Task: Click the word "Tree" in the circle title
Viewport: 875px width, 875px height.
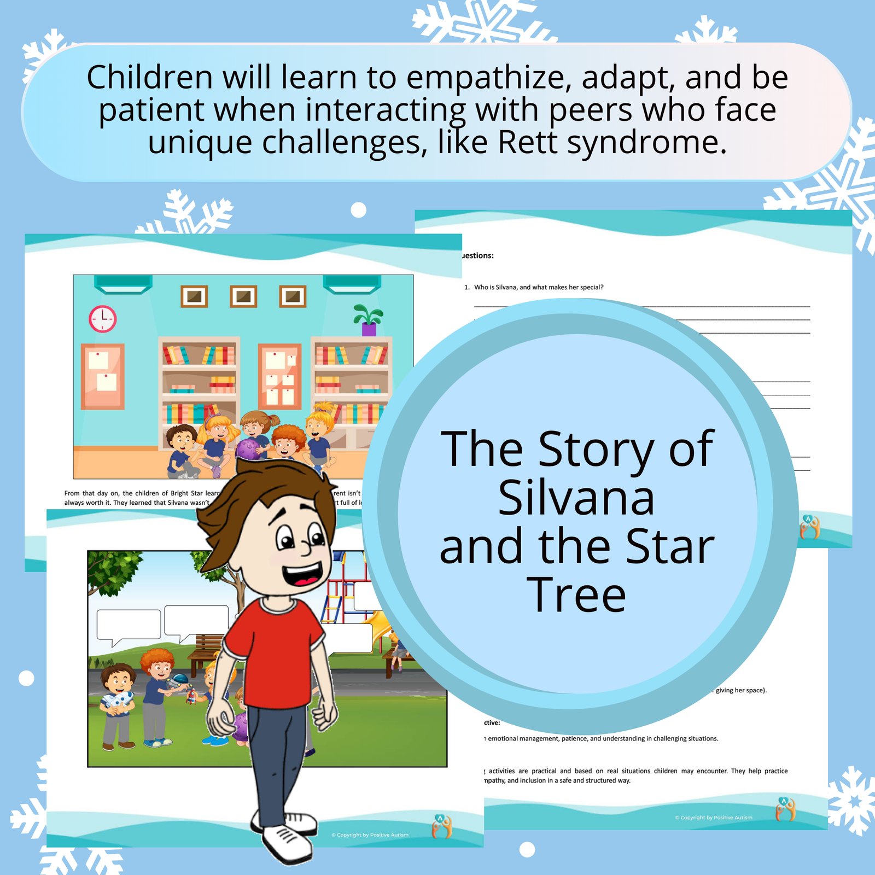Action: [576, 595]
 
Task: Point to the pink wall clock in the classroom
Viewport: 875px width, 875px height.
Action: [103, 318]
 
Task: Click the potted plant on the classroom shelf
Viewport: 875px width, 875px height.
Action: [368, 319]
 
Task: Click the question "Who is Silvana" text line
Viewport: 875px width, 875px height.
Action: [539, 287]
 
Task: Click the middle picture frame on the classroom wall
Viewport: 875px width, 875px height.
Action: [243, 296]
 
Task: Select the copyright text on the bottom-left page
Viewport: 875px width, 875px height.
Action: [370, 835]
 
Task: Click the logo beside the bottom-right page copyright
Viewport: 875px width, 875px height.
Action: [785, 810]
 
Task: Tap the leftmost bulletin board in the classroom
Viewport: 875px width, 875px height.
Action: [103, 376]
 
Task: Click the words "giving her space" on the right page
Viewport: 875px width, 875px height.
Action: [740, 690]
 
